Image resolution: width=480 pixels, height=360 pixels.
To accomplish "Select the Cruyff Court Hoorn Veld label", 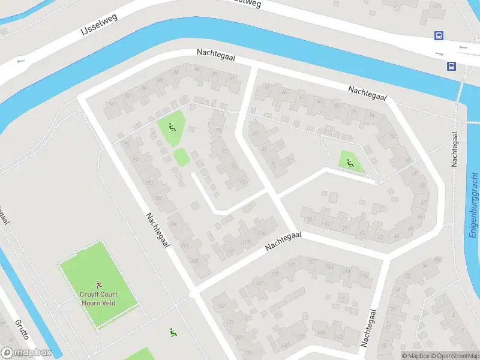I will [99, 298].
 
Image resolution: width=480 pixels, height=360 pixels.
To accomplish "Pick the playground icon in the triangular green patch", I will [350, 161].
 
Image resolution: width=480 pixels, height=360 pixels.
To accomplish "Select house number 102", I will [158, 198].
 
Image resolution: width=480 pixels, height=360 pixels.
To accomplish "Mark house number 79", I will [218, 130].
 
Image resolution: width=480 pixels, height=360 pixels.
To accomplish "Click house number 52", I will [393, 136].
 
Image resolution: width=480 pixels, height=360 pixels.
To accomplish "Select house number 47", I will [421, 202].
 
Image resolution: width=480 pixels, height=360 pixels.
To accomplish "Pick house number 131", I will [230, 322].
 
